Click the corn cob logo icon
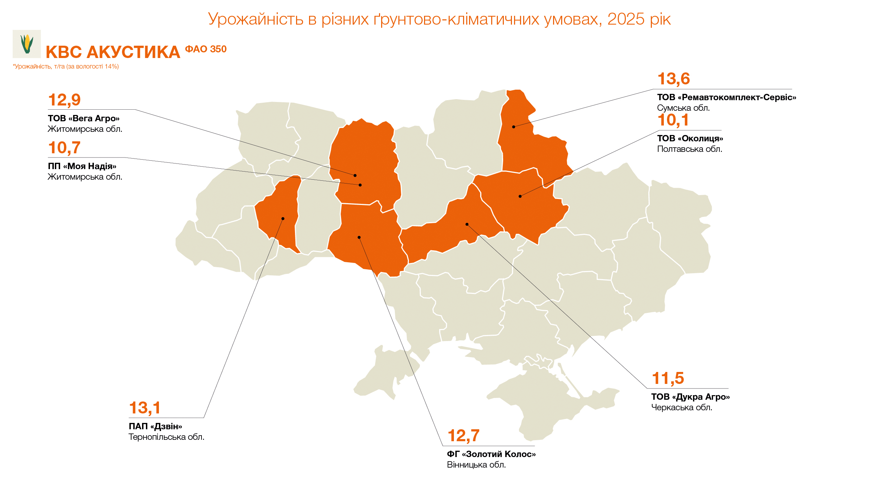coord(27,44)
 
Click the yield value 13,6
coord(673,79)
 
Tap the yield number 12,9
coord(64,100)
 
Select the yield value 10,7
coord(64,148)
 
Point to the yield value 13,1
coord(145,408)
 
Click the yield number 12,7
coord(463,436)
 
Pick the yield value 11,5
coord(668,378)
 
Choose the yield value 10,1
coord(673,120)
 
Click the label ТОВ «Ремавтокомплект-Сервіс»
coord(726,97)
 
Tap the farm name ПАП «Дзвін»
coord(155,426)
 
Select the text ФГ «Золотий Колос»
coord(491,454)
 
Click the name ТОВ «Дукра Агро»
coord(690,397)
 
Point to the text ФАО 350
coord(206,49)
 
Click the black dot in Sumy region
coord(513,127)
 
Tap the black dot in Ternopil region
coord(283,219)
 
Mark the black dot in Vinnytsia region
coord(359,237)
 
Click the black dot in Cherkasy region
coord(467,224)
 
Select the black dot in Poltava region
coord(520,196)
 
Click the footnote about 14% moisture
coord(66,66)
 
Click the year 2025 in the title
coord(626,19)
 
